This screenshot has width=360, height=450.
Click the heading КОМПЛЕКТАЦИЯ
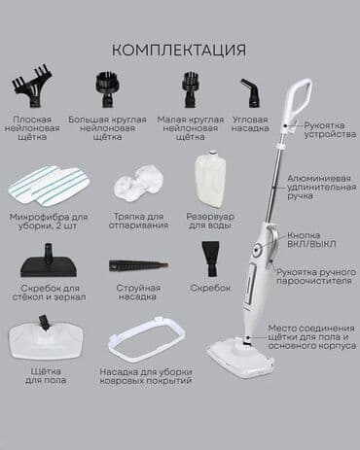pos(178,49)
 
